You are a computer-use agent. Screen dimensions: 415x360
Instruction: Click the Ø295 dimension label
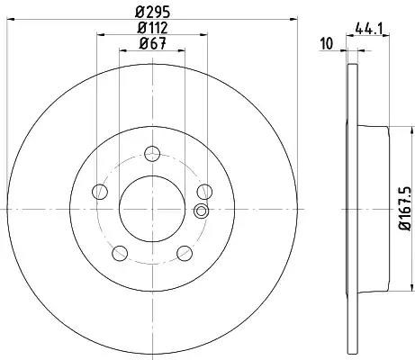coord(152,13)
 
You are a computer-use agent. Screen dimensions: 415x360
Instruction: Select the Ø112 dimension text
coord(152,28)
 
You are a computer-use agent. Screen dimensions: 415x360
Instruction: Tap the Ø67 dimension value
coord(152,44)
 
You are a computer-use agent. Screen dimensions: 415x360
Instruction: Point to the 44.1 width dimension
coord(368,29)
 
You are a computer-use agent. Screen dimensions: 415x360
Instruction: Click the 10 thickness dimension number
coord(327,43)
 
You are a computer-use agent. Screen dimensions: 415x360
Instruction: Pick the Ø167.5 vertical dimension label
coord(404,208)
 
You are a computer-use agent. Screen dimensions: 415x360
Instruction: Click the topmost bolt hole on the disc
coord(152,154)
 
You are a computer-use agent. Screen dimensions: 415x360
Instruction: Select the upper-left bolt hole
coord(100,192)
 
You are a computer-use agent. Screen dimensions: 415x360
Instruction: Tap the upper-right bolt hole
coord(204,192)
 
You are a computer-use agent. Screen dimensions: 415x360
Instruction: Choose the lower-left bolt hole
coord(120,253)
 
